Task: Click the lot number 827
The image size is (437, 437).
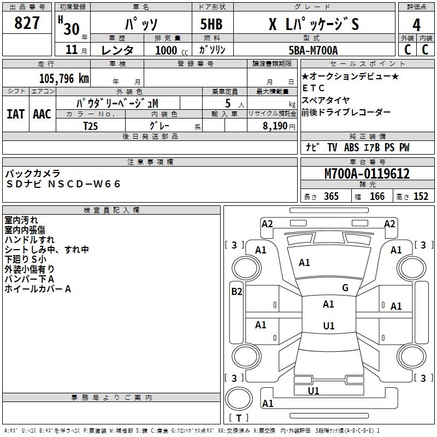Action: [27, 23]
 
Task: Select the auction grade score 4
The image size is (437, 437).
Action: [417, 25]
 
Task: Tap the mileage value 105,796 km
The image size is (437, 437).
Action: [64, 78]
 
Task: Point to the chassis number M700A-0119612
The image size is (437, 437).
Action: [367, 174]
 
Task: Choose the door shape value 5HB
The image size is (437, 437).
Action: [208, 25]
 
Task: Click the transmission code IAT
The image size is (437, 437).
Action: [15, 114]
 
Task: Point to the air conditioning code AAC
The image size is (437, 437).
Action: [42, 114]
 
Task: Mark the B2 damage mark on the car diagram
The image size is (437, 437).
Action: [237, 292]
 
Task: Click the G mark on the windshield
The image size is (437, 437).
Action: [345, 288]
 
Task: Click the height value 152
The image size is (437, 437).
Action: [421, 197]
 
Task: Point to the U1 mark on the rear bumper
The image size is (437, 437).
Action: [314, 391]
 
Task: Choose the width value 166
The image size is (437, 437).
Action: [377, 197]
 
